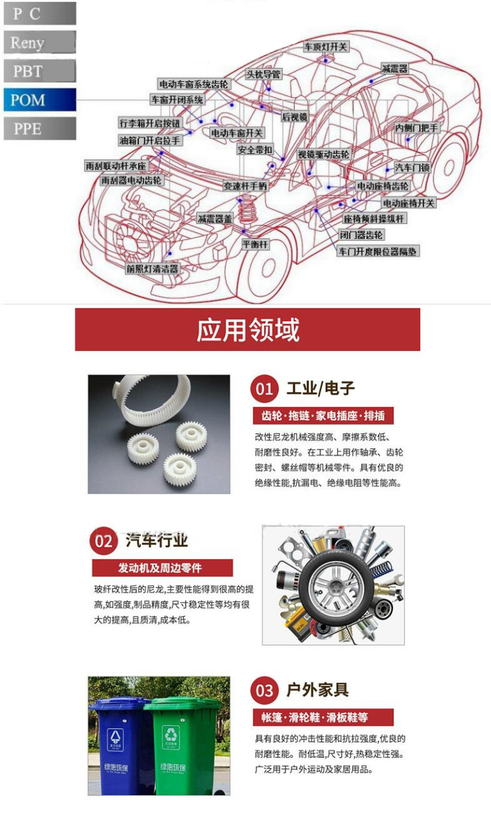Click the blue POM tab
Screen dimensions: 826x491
39,100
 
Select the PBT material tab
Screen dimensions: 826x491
39,71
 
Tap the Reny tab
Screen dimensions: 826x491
39,43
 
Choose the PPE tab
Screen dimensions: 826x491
39,129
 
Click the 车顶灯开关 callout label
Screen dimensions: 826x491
325,47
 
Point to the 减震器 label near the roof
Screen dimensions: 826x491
395,69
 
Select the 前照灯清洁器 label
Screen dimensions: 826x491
152,268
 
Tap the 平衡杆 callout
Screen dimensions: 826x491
255,244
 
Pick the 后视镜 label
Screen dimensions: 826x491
294,117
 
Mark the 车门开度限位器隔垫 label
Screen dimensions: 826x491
378,251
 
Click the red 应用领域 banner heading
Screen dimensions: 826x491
247,330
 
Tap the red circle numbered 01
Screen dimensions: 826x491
264,389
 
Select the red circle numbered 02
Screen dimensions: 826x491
104,541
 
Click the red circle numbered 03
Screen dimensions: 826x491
264,691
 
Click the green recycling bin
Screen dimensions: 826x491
184,746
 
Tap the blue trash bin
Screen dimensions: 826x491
119,746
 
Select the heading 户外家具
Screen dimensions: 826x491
318,690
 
